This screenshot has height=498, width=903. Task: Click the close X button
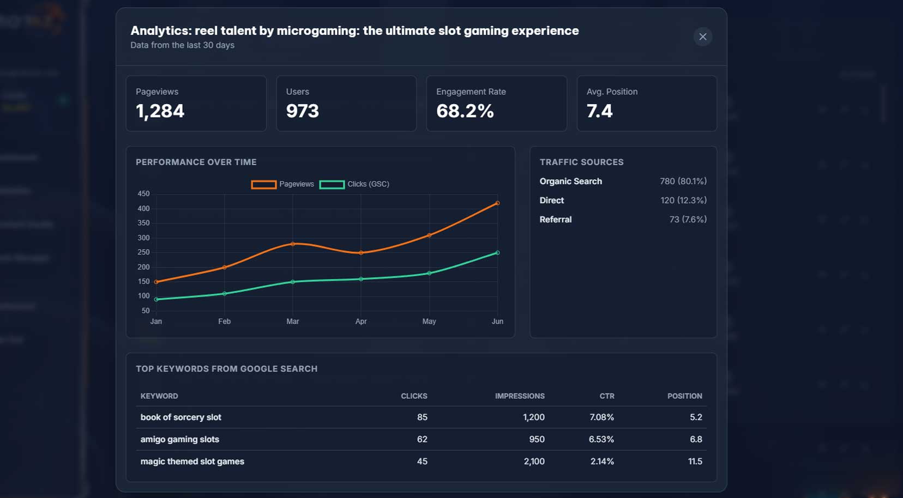(702, 37)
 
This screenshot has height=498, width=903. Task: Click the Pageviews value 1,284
(160, 111)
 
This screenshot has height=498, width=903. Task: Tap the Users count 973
(302, 111)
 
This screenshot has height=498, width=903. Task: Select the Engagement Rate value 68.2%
(465, 111)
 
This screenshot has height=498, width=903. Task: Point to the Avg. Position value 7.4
(599, 111)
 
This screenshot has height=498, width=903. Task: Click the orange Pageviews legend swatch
(263, 184)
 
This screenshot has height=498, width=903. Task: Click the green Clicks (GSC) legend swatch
(332, 184)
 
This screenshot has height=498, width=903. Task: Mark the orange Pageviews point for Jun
(497, 203)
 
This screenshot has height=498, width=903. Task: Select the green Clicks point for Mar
(293, 282)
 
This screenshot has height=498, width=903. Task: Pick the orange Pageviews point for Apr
(361, 253)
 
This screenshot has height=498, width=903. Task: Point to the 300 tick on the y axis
(143, 238)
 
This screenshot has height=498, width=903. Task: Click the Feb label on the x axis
(224, 321)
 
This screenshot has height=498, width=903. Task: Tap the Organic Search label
(570, 181)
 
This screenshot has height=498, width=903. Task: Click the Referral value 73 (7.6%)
(688, 220)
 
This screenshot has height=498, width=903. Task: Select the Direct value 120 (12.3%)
(683, 201)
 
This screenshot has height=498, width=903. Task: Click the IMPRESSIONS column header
(519, 396)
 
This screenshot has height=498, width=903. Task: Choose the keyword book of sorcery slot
(180, 417)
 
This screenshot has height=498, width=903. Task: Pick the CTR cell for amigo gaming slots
(601, 439)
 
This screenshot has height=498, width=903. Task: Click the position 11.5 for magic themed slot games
(695, 461)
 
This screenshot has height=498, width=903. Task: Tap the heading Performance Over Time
(196, 162)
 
